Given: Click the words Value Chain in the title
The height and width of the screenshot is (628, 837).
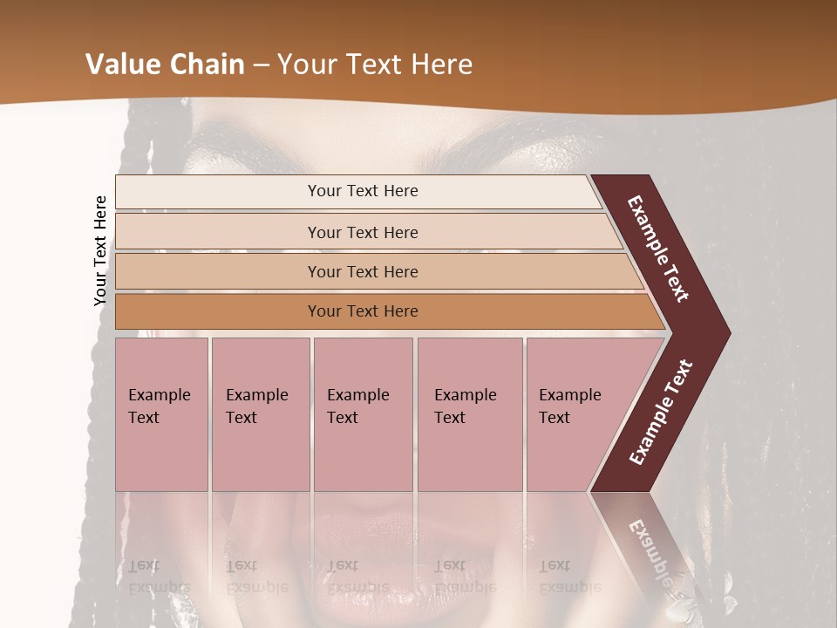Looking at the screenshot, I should click(164, 65).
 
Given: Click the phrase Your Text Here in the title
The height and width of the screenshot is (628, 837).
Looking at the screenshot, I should click(375, 65).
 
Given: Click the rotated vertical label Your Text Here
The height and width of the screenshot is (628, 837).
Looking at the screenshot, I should click(100, 250).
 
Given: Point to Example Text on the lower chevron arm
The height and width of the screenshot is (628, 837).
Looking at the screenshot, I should click(661, 412).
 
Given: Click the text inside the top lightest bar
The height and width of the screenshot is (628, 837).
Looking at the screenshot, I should click(363, 191).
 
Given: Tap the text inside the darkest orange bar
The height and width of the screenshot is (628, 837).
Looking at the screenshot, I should click(363, 311).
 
